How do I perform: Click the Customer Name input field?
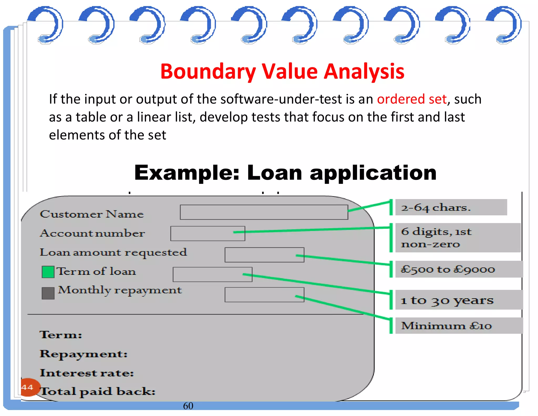(264, 212)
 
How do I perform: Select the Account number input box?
(208, 234)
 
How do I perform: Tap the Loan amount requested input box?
(264, 255)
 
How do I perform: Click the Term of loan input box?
(212, 275)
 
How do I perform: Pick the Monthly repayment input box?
(264, 295)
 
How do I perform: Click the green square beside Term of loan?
(48, 272)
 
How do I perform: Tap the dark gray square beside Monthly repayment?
(48, 293)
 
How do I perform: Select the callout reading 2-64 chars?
(451, 207)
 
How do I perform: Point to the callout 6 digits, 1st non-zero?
(458, 238)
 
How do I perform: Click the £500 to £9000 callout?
(459, 269)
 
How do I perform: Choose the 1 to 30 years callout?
(459, 300)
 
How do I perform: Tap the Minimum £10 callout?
(459, 326)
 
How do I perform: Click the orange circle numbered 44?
(29, 387)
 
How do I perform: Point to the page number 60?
(188, 406)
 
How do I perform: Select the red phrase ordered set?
(412, 99)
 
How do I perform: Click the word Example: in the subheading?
(187, 173)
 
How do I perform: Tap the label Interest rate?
(87, 373)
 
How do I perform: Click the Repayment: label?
(84, 354)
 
